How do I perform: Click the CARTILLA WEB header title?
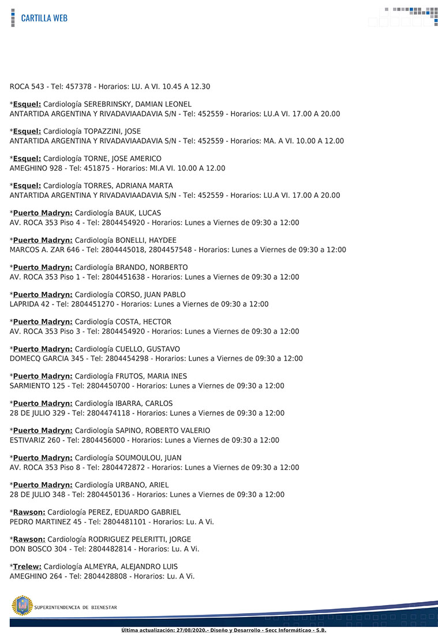coord(44,18)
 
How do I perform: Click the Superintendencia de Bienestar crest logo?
coord(22,606)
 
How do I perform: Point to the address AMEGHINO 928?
coord(35,168)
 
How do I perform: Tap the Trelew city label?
coord(27,566)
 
